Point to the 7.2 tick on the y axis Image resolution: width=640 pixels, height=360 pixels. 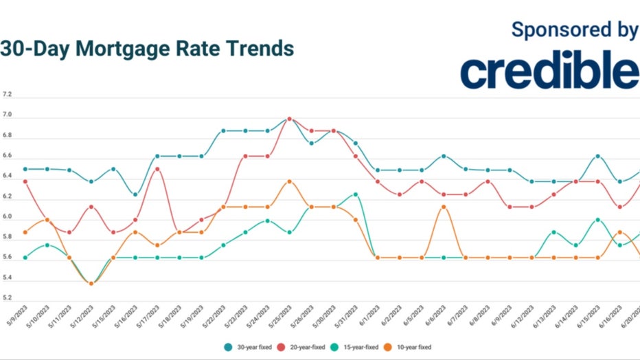(x=7, y=94)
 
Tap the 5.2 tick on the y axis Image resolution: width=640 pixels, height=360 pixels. (x=7, y=298)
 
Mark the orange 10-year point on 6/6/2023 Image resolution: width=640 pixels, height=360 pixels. (x=444, y=206)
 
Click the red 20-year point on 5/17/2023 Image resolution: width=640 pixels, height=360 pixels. (x=158, y=169)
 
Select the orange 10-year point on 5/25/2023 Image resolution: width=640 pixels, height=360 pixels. (x=289, y=181)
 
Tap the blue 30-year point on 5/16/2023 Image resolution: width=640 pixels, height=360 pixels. (x=135, y=194)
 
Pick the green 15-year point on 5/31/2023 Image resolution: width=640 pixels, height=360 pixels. (x=356, y=194)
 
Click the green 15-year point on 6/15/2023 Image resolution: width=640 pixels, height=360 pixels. (x=598, y=220)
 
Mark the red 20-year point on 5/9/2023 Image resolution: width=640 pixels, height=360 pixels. (x=25, y=181)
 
